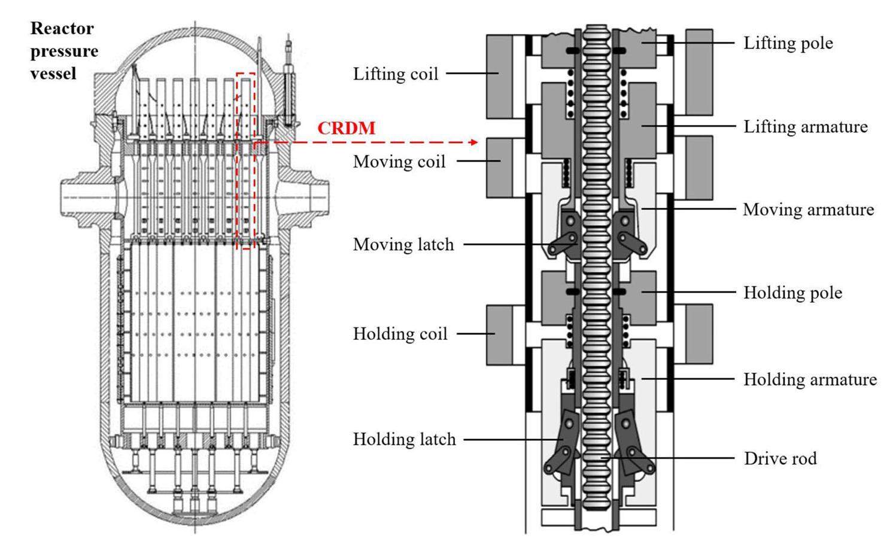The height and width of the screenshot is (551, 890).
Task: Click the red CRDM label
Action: click(346, 129)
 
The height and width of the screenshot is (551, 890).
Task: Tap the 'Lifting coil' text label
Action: click(396, 74)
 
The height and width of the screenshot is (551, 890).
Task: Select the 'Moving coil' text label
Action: click(399, 162)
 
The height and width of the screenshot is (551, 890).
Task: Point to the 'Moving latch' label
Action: click(403, 245)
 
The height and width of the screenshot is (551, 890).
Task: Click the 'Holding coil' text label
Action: click(400, 334)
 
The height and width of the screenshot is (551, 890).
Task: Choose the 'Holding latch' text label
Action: click(404, 440)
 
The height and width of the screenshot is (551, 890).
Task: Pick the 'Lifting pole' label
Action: click(788, 43)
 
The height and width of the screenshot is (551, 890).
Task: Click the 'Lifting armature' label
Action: click(805, 127)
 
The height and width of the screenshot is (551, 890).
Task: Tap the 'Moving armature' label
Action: click(808, 209)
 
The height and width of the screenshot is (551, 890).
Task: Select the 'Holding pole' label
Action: click(792, 293)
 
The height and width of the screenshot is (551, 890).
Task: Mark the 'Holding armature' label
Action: click(810, 379)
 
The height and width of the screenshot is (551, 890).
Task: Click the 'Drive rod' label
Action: click(780, 459)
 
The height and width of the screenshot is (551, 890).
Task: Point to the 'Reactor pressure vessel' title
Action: click(64, 51)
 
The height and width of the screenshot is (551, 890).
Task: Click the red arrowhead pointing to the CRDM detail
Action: click(474, 142)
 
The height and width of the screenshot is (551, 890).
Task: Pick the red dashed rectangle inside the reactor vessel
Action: click(245, 160)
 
